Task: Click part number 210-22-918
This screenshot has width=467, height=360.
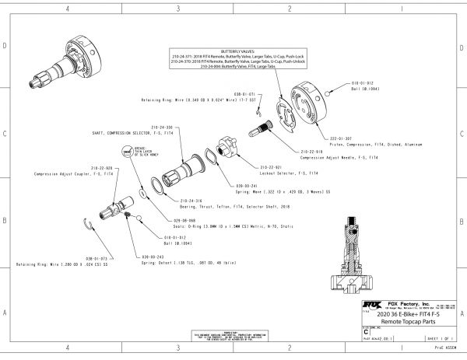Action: click(311, 151)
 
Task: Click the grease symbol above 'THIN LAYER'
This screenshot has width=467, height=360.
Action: click(128, 149)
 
